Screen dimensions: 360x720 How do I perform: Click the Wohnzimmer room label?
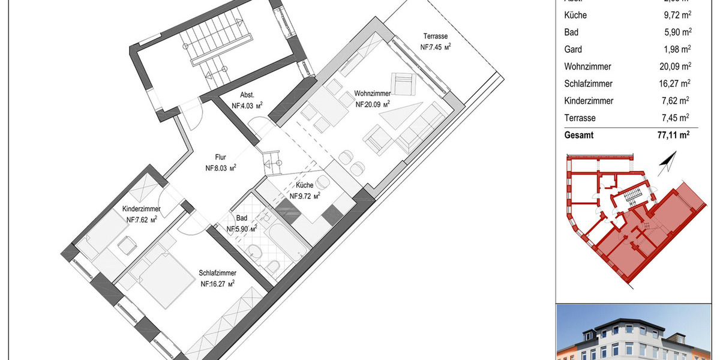pos(373,94)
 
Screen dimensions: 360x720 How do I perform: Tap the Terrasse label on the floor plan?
pos(435,36)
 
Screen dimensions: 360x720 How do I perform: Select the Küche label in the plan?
pos(304,185)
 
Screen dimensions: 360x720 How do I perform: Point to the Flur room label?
pos(220,158)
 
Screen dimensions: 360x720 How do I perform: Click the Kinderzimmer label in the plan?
pos(142,209)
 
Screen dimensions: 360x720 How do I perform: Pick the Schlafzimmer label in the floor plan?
pos(217,273)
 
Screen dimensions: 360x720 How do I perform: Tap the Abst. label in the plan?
pos(247,95)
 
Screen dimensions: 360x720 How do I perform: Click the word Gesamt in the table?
pos(579,136)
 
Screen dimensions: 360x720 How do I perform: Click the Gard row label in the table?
pos(573,49)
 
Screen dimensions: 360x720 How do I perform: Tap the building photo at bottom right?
pos(637,333)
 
